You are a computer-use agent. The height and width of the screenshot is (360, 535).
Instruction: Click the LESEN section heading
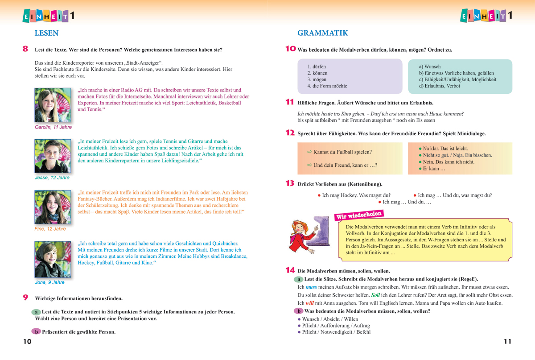pos(46,33)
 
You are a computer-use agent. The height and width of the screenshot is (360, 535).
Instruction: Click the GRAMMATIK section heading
pos(322,33)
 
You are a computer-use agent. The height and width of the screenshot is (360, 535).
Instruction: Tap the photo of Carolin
pos(53,105)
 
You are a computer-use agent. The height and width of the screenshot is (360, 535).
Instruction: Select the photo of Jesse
pos(53,156)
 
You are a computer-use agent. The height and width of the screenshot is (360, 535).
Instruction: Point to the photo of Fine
pos(53,207)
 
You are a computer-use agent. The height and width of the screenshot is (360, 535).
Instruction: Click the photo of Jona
pos(53,259)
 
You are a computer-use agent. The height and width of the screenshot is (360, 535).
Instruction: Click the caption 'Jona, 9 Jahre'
pos(49,282)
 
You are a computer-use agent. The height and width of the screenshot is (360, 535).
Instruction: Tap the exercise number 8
pos(25,49)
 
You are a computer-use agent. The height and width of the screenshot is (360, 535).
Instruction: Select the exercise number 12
pos(290,133)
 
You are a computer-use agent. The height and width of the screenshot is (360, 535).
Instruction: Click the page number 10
pos(27,342)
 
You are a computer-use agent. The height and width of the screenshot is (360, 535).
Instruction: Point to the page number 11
pos(507,342)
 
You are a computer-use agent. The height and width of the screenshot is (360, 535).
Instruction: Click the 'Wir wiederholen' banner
pos(359,215)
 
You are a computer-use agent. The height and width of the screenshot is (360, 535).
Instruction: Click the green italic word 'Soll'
pos(375,295)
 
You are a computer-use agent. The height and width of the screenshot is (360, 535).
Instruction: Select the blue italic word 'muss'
pos(311,287)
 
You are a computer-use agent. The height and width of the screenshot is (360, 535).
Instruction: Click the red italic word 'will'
pos(310,303)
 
